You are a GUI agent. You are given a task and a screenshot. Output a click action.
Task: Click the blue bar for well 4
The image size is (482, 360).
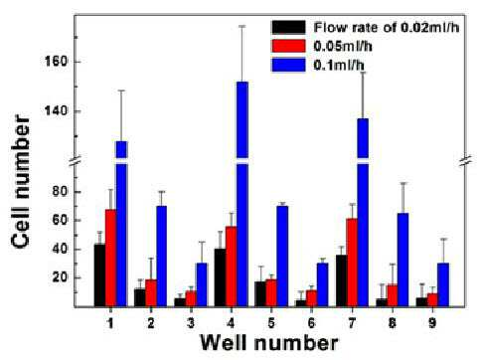click(242, 194)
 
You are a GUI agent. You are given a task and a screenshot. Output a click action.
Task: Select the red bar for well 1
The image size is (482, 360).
click(111, 258)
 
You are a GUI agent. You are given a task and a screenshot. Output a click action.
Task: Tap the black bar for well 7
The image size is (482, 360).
click(341, 280)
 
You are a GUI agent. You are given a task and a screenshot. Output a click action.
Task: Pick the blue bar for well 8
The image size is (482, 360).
click(402, 260)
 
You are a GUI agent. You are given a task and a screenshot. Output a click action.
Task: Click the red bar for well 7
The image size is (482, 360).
click(352, 263)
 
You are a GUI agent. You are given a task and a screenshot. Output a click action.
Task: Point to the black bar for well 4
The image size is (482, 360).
click(221, 277)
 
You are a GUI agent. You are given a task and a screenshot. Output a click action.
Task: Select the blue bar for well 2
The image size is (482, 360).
click(162, 257)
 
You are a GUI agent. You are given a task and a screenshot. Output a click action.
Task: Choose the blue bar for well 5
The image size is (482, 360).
click(282, 257)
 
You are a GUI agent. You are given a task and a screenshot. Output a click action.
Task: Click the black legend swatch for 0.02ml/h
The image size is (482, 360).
click(288, 27)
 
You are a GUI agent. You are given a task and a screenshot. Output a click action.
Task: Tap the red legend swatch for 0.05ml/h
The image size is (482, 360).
click(288, 46)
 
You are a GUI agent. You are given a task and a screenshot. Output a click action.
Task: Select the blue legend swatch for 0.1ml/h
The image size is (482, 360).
click(288, 65)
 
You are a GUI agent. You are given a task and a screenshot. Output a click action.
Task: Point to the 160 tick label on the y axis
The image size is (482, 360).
click(56, 62)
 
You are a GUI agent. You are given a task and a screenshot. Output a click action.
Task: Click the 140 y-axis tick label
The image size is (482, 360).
click(56, 110)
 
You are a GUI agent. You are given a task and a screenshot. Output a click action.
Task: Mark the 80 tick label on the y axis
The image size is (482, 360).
click(60, 192)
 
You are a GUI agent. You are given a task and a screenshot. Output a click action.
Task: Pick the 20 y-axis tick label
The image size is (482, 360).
click(60, 277)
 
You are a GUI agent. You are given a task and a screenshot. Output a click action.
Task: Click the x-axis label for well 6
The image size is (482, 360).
click(312, 322)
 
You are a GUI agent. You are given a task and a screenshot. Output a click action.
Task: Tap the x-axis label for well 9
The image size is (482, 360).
click(432, 322)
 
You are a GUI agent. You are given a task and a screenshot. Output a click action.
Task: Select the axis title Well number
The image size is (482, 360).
click(269, 343)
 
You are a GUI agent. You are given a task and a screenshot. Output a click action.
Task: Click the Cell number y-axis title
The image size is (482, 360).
click(21, 181)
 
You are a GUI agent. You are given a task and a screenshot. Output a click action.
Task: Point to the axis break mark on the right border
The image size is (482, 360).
click(466, 160)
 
